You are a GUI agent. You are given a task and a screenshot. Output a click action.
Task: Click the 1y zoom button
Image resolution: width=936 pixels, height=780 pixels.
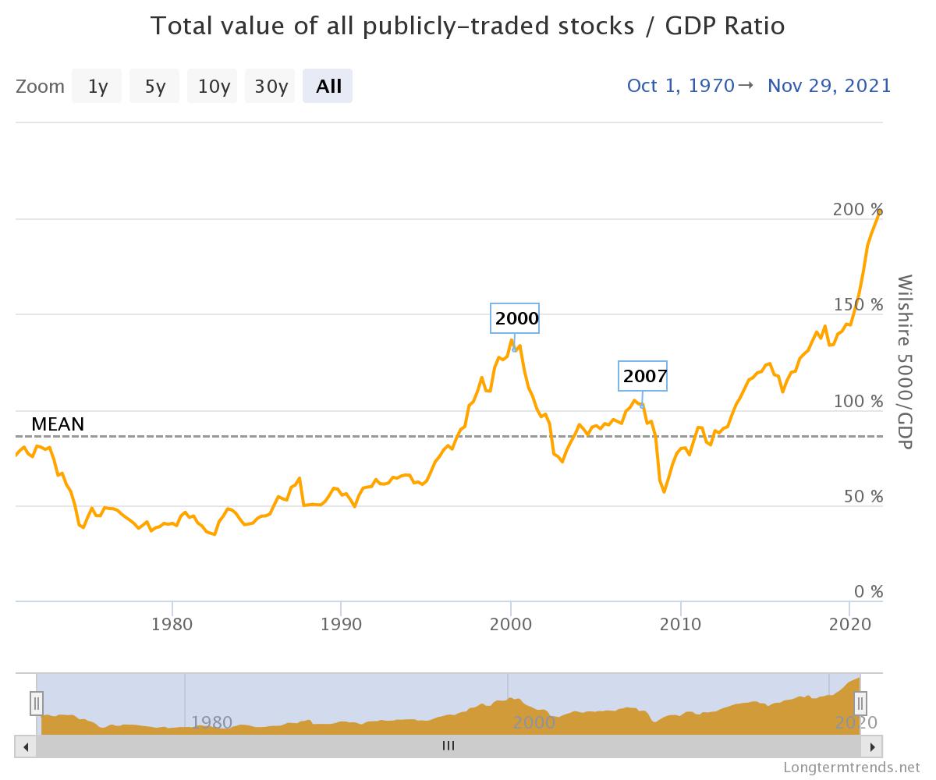coord(97,86)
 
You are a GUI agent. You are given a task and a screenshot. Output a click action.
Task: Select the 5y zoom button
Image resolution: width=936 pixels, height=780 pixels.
coord(154,86)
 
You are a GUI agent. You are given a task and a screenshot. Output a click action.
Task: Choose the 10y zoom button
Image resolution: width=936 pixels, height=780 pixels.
coord(213,86)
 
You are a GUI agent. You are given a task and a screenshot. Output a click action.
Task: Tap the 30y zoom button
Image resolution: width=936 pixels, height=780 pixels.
coord(271,86)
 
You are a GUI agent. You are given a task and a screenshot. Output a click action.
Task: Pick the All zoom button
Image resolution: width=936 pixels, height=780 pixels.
coord(328,86)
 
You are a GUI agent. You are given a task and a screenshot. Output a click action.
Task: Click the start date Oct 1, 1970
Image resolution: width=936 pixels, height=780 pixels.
coord(680,85)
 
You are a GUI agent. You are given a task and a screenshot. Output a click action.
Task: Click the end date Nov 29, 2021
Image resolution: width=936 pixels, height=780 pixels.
coord(828,85)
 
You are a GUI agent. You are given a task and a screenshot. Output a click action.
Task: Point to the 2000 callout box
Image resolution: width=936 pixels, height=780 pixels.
coord(516,317)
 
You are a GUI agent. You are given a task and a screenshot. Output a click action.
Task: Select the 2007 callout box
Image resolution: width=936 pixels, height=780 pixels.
coord(644,377)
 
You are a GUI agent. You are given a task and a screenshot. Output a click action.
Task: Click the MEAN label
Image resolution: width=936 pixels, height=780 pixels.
coord(58,425)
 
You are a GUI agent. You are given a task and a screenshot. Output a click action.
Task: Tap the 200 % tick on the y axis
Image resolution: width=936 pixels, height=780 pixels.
coord(856,210)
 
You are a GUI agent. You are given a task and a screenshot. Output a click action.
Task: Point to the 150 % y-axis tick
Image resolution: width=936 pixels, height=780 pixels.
coord(856,305)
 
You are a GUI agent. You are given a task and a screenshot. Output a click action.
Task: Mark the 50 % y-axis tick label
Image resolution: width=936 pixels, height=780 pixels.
coord(861,497)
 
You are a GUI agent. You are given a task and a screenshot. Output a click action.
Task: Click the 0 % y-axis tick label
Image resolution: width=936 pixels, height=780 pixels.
coord(865,592)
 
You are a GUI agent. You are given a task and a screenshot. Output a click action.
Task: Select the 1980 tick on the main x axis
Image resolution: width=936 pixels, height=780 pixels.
coord(172,625)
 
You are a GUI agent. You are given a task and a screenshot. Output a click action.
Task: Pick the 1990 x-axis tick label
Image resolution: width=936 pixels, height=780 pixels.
coord(341,625)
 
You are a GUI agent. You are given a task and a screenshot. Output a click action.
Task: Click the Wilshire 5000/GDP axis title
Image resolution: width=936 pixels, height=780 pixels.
coord(905,361)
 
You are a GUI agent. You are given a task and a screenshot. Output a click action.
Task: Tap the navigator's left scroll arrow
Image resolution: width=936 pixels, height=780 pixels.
coord(26,746)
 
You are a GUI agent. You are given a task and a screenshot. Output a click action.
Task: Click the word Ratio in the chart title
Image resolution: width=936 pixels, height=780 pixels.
coord(748,26)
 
